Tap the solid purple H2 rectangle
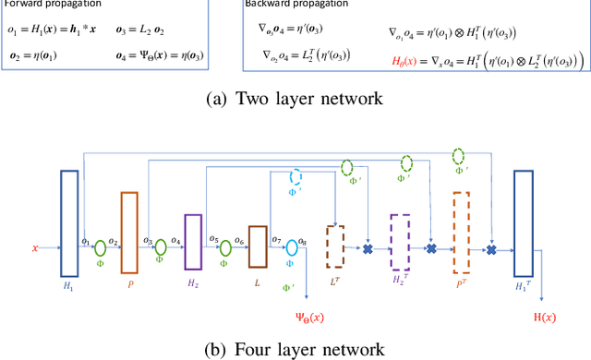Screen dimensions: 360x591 pos(192,240)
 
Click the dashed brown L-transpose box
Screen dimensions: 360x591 pos(335,246)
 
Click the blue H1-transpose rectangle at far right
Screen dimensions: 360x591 pos(525,222)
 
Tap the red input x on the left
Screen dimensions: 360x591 pos(35,248)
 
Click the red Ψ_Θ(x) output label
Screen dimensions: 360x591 pos(309,319)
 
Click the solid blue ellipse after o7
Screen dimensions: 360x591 pos(292,247)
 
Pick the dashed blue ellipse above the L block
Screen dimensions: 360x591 pos(296,177)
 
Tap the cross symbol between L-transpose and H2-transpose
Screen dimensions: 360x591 pos(368,249)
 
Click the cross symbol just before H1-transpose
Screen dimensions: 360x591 pos(492,249)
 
